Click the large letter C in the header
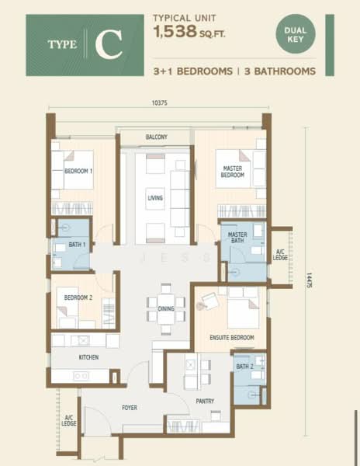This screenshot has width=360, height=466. (109, 46)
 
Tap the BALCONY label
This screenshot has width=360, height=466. (156, 137)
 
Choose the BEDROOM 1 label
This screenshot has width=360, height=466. (78, 171)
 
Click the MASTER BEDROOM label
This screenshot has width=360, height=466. (234, 172)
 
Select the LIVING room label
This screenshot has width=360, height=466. (156, 199)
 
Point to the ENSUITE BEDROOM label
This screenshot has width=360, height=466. (232, 338)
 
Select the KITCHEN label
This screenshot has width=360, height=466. (88, 357)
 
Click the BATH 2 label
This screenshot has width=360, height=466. (245, 367)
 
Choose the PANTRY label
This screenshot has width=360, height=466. (205, 402)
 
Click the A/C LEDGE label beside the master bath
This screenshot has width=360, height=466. (281, 254)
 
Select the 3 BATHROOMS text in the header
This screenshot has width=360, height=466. (279, 70)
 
